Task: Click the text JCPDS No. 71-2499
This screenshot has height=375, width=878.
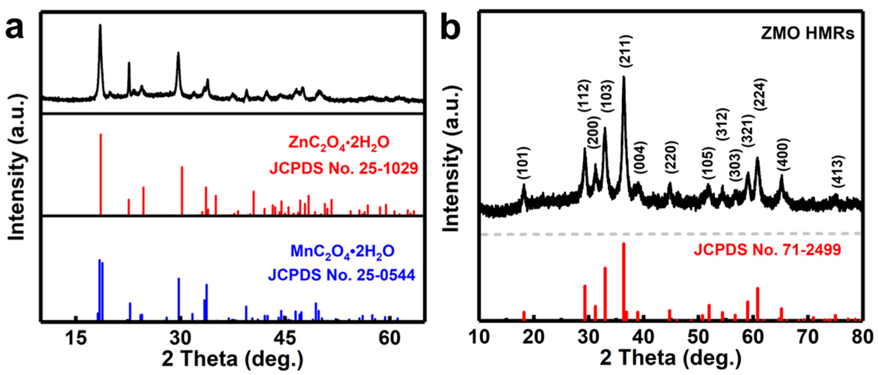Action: (767, 250)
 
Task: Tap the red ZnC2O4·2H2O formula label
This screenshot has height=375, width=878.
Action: (339, 143)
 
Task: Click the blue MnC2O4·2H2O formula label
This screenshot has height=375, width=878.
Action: (342, 251)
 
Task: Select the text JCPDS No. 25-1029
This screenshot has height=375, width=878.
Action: (344, 168)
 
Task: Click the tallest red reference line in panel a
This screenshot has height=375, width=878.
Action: (100, 174)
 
